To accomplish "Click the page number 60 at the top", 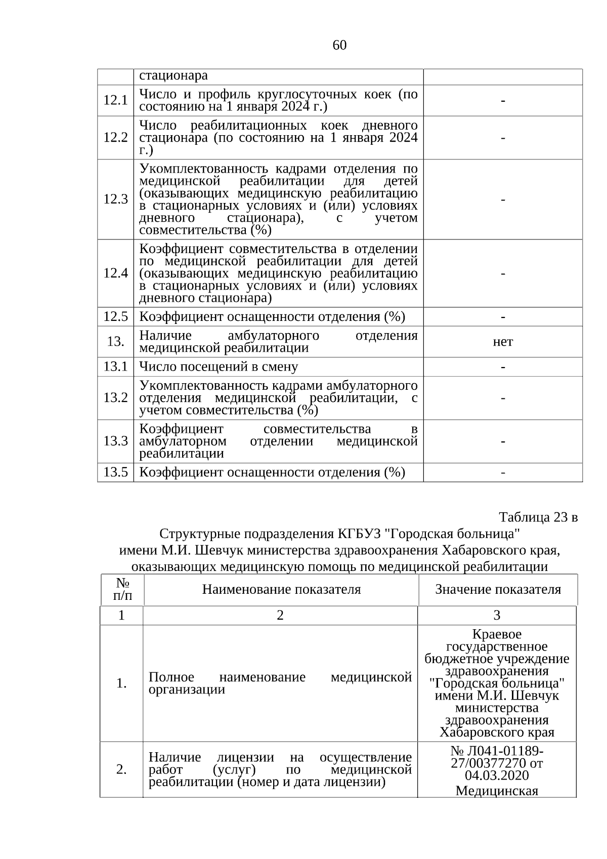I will click(339, 46).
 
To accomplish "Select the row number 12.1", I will click(115, 100).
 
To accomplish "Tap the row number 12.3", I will click(115, 199).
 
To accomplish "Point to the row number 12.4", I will click(115, 273).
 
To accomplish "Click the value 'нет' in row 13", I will click(503, 342).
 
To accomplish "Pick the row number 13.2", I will click(115, 398).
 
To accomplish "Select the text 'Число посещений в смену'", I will click(219, 366).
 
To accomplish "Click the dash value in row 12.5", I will click(503, 317).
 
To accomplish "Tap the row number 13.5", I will click(115, 472).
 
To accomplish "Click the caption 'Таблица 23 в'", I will click(538, 517).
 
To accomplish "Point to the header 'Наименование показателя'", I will click(282, 589).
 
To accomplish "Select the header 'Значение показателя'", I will click(498, 589).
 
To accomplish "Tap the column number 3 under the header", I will click(497, 615).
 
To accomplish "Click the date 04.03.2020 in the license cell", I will click(497, 775).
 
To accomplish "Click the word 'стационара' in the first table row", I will click(174, 76).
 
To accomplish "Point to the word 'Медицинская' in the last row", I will click(497, 791).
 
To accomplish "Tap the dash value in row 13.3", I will click(503, 441).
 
